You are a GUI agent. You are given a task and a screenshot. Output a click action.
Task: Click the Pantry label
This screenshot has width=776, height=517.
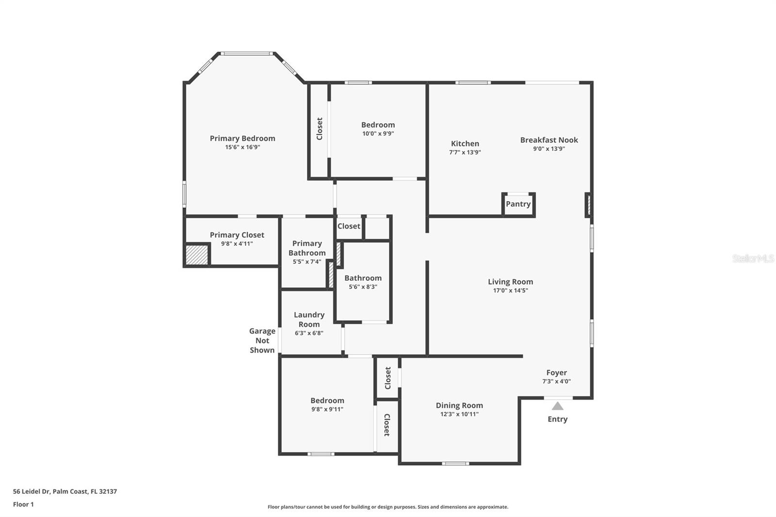click(x=518, y=204)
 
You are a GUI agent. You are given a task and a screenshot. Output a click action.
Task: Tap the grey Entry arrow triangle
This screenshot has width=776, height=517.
click(x=557, y=406)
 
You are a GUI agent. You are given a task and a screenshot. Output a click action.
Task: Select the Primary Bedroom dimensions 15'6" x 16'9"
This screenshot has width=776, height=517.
click(x=242, y=147)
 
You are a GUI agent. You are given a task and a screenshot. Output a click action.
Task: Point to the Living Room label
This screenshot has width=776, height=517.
click(x=510, y=282)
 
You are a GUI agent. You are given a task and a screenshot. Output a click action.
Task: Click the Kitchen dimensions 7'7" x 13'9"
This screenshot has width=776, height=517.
click(x=465, y=152)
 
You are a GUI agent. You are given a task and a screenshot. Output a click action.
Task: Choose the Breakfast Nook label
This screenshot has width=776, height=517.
click(x=549, y=140)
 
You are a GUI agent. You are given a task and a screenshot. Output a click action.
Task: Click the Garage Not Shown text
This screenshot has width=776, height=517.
click(x=262, y=340)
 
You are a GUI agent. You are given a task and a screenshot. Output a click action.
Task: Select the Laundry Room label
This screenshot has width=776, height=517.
click(x=309, y=320)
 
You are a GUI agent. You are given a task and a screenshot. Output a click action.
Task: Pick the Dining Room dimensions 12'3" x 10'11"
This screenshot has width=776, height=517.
click(x=459, y=414)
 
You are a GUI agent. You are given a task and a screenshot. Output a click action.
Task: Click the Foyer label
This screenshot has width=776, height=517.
click(x=556, y=372)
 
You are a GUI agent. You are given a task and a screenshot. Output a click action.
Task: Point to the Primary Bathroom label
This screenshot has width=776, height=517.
click(x=307, y=248)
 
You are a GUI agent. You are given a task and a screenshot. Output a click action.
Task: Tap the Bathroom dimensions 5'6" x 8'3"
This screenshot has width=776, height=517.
click(x=363, y=287)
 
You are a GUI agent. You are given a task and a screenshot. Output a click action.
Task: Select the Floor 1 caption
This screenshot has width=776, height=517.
click(x=23, y=504)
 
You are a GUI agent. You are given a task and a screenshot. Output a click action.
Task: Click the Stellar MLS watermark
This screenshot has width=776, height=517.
click(x=753, y=258)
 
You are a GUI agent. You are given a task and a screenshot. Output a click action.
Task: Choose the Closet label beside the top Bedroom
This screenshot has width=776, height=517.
click(x=320, y=129)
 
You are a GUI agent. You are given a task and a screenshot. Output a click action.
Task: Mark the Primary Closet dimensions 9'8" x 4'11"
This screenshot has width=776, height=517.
click(x=237, y=244)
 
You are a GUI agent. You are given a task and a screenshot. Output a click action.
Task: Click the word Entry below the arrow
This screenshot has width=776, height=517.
click(x=557, y=419)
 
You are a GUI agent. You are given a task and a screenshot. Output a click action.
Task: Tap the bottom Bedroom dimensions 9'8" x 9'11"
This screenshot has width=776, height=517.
click(x=327, y=409)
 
